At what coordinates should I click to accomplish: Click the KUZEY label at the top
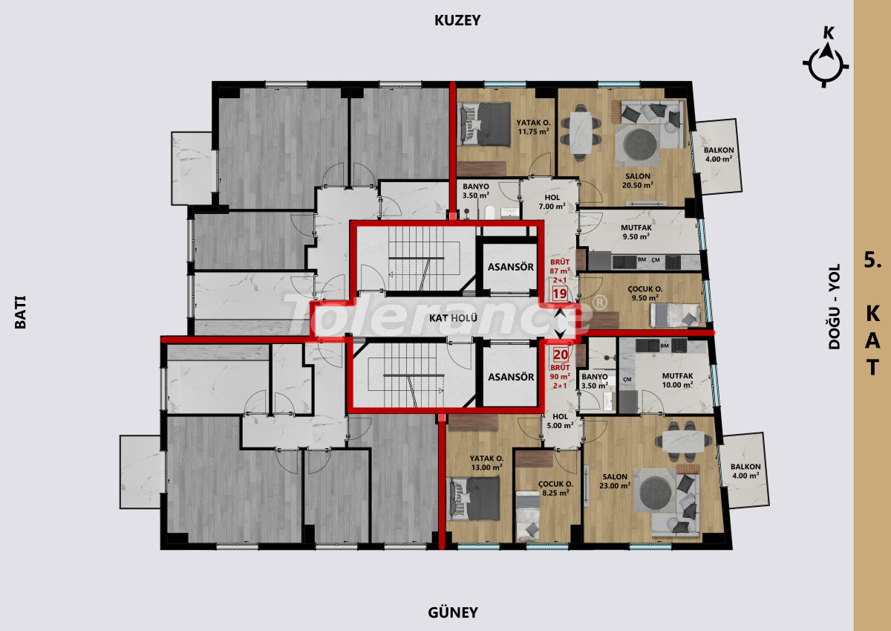[x=457, y=20]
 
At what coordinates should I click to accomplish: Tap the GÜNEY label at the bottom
[x=453, y=612]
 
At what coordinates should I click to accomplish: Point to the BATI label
[x=20, y=312]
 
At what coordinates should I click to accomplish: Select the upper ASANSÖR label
[x=511, y=267]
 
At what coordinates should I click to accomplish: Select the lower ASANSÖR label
[x=511, y=377]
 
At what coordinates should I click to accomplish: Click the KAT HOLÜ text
[x=453, y=318]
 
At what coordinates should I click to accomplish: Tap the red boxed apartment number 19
[x=560, y=294]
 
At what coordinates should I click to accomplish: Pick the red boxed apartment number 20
[x=561, y=355]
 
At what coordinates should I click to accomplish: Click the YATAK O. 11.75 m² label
[x=533, y=127]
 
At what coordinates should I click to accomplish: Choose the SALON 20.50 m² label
[x=638, y=181]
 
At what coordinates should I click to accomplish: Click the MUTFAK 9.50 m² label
[x=636, y=232]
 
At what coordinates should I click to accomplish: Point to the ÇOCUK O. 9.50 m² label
[x=645, y=294]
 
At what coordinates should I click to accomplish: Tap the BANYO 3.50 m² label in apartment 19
[x=476, y=191]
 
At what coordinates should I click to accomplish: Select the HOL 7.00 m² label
[x=552, y=202]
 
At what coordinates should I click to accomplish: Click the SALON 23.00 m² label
[x=615, y=481]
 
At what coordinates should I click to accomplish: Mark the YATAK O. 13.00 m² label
[x=486, y=462]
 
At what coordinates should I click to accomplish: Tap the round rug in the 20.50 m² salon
[x=640, y=145]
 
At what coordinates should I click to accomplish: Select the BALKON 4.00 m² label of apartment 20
[x=745, y=470]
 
